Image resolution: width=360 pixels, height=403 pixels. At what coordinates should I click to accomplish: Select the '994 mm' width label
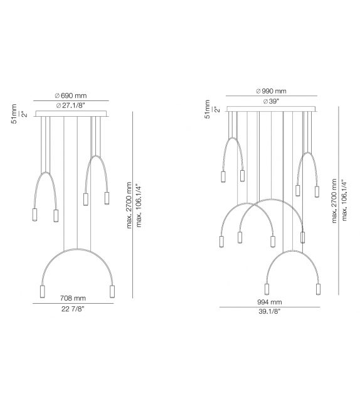coord(269,302)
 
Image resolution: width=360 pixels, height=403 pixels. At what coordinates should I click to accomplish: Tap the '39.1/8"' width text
coord(269,312)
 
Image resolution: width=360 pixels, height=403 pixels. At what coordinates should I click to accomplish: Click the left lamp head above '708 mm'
coord(43,293)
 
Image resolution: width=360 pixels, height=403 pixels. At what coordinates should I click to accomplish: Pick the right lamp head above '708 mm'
coord(113,292)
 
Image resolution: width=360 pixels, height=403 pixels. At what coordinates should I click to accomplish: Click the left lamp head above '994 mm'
coord(267,289)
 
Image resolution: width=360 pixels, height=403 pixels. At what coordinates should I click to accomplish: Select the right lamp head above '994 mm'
coord(317,289)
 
